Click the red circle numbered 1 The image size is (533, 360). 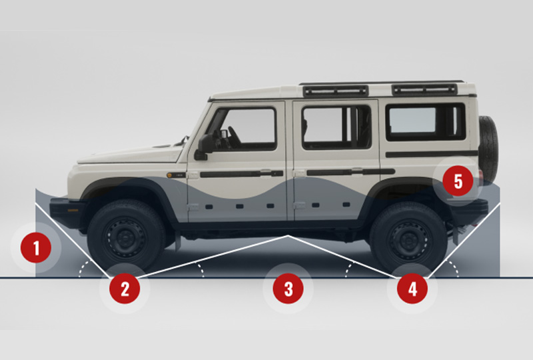(36, 249)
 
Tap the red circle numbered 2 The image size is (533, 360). (125, 288)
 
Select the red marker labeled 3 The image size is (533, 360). (288, 289)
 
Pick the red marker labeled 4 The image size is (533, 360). (412, 288)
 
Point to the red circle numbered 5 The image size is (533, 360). (458, 181)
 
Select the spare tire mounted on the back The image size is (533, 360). (488, 149)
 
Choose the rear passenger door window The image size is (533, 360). (336, 126)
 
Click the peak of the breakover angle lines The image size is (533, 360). (287, 235)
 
